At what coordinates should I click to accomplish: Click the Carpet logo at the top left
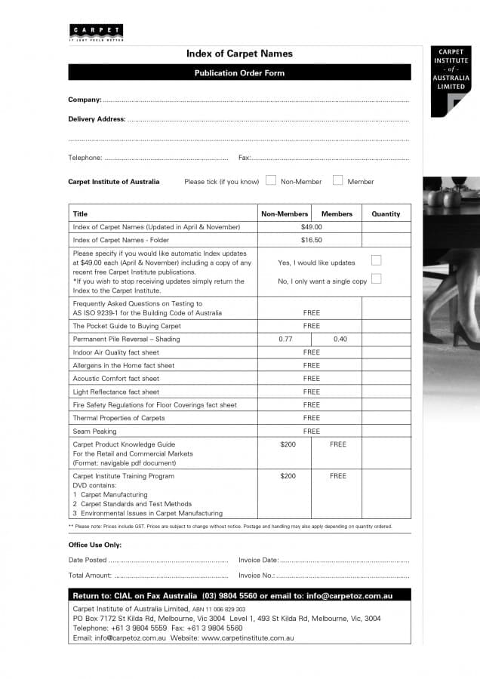click(x=96, y=32)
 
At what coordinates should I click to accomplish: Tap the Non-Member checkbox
click(x=270, y=180)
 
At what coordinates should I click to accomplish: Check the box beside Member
click(x=337, y=180)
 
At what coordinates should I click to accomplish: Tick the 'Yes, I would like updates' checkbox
click(x=376, y=260)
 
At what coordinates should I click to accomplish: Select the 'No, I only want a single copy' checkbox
click(x=376, y=278)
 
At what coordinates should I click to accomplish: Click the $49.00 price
click(x=311, y=226)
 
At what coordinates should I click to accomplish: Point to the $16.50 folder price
click(x=311, y=240)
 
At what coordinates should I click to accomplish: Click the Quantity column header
click(x=386, y=214)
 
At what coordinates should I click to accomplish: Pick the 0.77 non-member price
click(x=285, y=339)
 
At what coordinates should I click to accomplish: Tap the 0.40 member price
click(x=340, y=339)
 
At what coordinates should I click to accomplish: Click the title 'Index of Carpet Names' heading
click(x=239, y=54)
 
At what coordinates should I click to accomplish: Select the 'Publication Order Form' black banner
click(x=239, y=73)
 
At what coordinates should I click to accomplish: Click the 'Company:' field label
click(x=85, y=100)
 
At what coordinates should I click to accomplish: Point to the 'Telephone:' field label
click(x=85, y=158)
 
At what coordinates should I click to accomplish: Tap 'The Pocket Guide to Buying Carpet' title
click(x=127, y=326)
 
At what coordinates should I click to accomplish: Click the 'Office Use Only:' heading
click(x=94, y=545)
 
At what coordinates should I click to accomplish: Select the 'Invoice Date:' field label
click(x=258, y=560)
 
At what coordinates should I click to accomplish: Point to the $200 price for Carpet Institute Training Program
click(x=288, y=476)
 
